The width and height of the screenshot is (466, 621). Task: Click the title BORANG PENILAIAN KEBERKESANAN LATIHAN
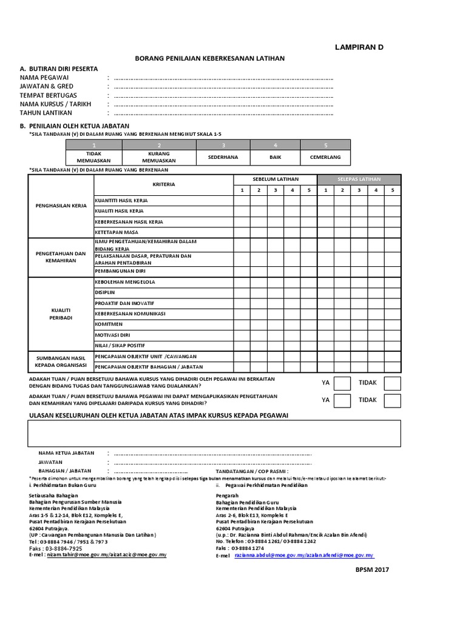(x=209, y=58)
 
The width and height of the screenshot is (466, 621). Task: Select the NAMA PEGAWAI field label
(x=44, y=78)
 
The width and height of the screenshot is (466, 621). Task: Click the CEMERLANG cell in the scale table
(x=325, y=157)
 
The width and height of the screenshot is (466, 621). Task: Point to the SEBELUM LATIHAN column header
(x=275, y=180)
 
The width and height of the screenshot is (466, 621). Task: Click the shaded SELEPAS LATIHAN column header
(x=359, y=180)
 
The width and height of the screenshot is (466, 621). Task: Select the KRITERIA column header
(x=163, y=184)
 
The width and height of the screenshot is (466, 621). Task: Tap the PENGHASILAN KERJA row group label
(x=60, y=206)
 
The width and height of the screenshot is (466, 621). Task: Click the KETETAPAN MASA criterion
(x=116, y=232)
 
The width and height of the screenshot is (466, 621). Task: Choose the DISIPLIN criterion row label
(x=105, y=292)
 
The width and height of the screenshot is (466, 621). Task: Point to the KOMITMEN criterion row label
(x=108, y=324)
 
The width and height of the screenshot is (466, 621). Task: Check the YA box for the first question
(x=342, y=383)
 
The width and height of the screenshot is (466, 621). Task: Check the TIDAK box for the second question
(x=393, y=400)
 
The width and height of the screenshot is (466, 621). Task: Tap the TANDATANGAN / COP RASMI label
(x=252, y=471)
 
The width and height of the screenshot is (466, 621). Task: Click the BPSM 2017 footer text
(x=372, y=569)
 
